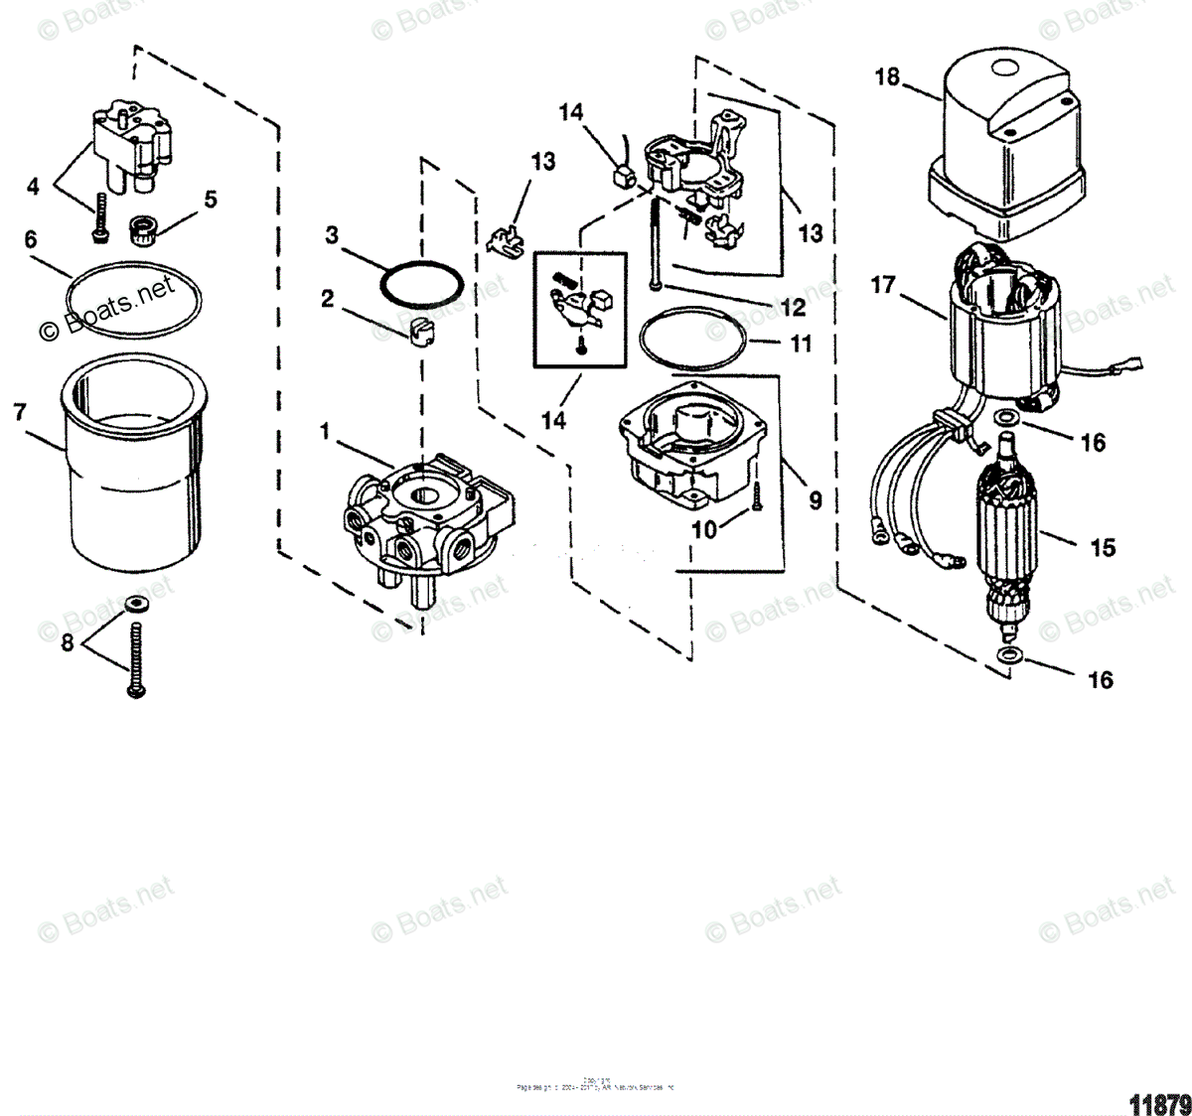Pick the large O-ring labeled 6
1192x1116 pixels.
133,295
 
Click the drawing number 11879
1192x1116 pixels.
1158,1103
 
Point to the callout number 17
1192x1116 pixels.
883,286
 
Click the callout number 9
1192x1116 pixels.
815,500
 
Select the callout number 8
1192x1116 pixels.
68,642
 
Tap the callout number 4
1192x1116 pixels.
33,186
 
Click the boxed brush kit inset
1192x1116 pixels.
581,307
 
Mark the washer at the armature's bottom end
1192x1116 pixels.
1010,656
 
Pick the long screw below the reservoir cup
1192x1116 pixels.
136,655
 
